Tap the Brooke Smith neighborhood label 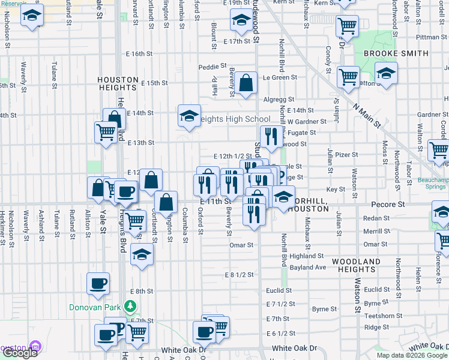(x=396, y=53)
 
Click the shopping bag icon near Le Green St (x=246, y=85)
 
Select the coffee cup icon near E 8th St (x=98, y=284)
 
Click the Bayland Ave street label (x=307, y=267)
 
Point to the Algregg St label (x=279, y=100)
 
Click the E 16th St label (x=141, y=53)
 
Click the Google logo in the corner (x=20, y=352)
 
